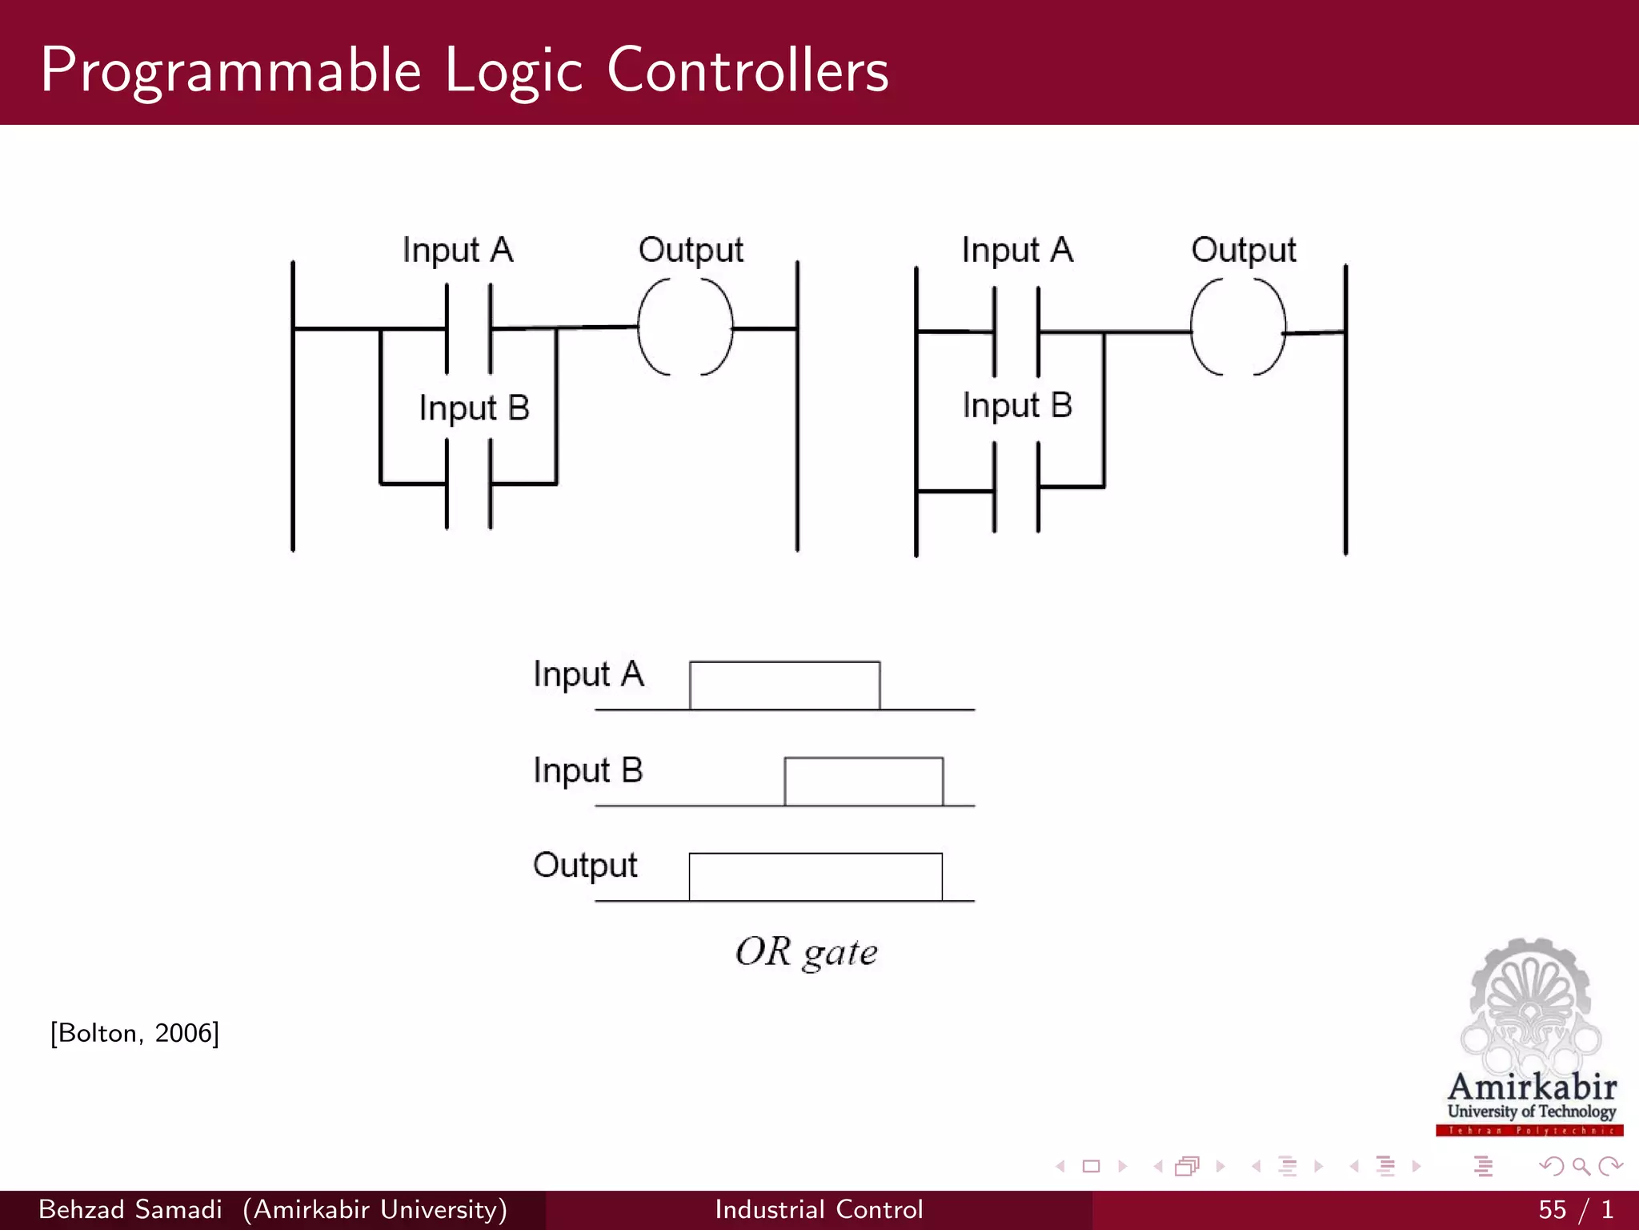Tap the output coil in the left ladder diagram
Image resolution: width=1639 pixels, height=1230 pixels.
point(685,327)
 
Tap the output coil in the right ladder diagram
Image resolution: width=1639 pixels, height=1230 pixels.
point(1237,328)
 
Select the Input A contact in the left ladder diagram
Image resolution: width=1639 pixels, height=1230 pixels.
point(469,328)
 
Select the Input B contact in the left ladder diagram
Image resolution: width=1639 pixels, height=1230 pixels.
point(469,484)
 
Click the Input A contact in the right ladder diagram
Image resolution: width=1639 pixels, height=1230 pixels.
point(1016,331)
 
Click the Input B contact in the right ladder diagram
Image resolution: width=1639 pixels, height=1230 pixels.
point(1016,488)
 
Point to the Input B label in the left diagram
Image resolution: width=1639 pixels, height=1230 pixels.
point(474,408)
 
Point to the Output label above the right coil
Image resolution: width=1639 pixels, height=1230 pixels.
point(1243,250)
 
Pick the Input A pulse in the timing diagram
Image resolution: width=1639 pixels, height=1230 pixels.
point(784,685)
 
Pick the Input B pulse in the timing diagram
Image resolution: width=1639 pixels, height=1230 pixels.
point(864,781)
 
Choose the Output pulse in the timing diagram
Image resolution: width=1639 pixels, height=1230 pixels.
point(815,876)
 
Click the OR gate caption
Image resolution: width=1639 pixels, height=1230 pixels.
point(806,952)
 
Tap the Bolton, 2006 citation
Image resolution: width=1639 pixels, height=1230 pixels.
point(134,1033)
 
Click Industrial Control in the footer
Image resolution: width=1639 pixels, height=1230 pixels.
point(819,1209)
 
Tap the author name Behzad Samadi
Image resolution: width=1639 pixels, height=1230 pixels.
point(130,1209)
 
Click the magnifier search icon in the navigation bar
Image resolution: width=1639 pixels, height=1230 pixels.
point(1581,1166)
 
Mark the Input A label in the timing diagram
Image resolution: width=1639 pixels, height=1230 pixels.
point(588,674)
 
